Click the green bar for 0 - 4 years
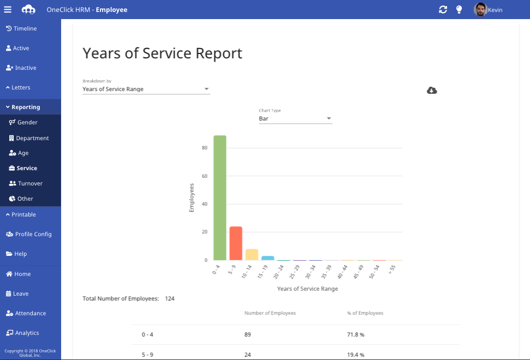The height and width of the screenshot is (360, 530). click(220, 197)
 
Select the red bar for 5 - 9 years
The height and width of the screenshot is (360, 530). click(236, 243)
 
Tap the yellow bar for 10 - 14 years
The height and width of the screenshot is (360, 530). click(252, 255)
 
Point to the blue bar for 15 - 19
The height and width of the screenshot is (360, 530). click(267, 258)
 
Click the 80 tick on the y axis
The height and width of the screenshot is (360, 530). click(204, 148)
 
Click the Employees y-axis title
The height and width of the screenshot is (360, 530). click(192, 197)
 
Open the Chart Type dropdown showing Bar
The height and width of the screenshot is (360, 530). click(295, 118)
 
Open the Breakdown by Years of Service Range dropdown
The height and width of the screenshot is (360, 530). click(146, 89)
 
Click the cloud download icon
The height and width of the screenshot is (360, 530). click(432, 90)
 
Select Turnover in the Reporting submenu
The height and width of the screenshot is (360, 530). click(29, 183)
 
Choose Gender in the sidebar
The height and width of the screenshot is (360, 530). click(27, 122)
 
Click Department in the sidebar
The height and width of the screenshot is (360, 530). click(32, 138)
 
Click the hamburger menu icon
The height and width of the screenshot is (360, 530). click(8, 9)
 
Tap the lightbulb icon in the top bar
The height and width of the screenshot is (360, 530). click(459, 9)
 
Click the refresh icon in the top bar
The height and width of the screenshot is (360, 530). click(443, 9)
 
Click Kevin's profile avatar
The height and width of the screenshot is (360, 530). click(480, 9)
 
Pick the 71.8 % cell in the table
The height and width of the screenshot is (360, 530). click(355, 334)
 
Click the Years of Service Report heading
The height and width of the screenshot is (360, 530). click(162, 53)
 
